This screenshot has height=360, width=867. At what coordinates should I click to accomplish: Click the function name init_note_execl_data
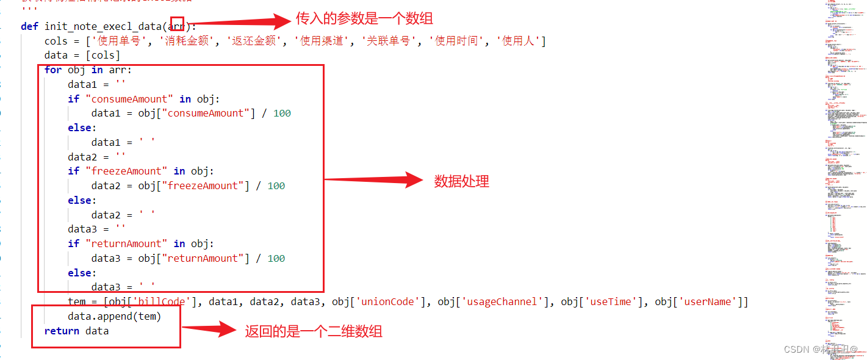(x=103, y=26)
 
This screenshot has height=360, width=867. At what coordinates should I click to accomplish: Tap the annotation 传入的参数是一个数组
(x=364, y=18)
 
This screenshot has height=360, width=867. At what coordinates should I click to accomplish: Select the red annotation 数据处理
(x=461, y=181)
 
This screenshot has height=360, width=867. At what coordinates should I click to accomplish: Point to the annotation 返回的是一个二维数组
(x=314, y=331)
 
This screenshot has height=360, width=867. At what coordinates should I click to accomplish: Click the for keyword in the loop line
(x=53, y=70)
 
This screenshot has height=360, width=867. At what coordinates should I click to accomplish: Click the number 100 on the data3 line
(x=276, y=258)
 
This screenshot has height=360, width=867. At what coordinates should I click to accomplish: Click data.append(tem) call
(x=114, y=317)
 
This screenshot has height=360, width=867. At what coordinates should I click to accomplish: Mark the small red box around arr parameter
(x=177, y=24)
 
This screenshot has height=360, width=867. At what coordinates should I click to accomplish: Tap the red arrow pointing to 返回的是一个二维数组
(x=209, y=330)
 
